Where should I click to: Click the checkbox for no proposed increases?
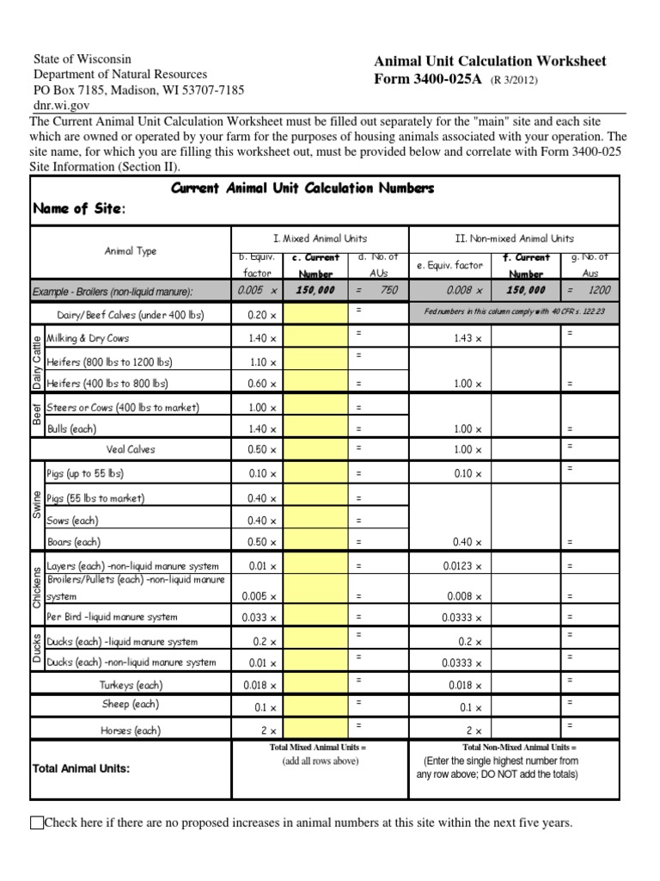[x=36, y=823]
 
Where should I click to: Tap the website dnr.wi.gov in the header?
[x=60, y=106]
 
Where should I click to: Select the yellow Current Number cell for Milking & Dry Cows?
[x=315, y=339]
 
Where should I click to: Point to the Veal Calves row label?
[x=131, y=449]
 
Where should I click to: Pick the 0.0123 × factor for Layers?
[x=465, y=567]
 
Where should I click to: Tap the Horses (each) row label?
[x=131, y=730]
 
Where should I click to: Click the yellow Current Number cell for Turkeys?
[x=315, y=686]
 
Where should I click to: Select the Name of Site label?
[x=78, y=209]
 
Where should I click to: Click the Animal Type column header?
[x=131, y=251]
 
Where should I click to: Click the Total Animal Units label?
[x=81, y=768]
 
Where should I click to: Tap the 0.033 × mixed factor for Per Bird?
[x=261, y=618]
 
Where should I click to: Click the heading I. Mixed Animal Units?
[x=320, y=238]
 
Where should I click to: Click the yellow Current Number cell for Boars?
[x=315, y=543]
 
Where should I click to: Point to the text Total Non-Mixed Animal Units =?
[x=519, y=748]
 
